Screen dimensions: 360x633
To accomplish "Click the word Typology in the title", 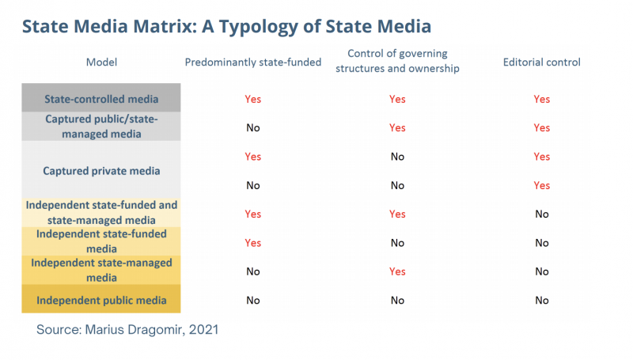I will coord(260,26).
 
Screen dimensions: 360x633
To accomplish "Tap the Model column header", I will coord(100,62).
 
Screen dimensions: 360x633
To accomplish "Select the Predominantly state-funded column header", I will coord(252,62).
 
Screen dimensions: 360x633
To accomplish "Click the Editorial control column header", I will coord(541,62).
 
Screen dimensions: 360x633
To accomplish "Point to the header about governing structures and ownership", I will coord(397,60).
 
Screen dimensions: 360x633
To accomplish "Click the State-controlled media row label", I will coord(101,99).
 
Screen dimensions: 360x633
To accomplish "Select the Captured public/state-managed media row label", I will coord(101,127).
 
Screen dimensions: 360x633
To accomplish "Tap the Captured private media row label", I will coord(101,170).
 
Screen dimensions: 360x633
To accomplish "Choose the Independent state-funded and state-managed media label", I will coord(101,212).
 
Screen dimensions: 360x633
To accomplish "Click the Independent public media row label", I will coord(101,300).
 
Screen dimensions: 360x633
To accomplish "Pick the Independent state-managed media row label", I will coord(101,270).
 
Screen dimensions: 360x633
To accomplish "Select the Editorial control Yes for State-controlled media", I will coord(541,99).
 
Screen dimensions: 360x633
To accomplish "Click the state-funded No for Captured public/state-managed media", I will coord(252,127).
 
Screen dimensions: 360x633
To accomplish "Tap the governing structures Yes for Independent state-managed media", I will coord(397,271).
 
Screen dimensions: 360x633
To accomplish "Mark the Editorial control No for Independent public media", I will coord(541,300).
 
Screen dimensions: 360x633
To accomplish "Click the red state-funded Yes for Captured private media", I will coord(252,157).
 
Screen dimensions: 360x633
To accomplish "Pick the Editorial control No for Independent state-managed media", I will coord(541,271).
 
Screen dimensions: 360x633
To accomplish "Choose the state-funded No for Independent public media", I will coord(252,300).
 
